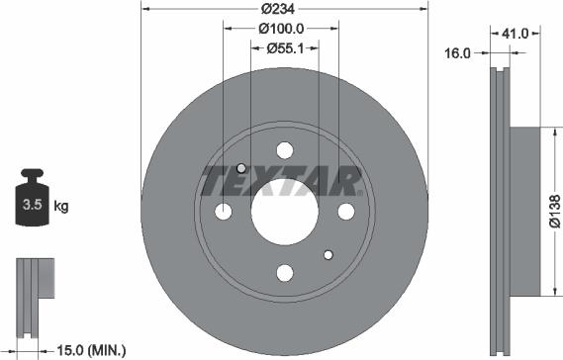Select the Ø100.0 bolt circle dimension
285,30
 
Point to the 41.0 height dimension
513,34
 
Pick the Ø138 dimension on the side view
555,212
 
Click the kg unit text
60,207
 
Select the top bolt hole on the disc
284,150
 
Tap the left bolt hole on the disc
224,212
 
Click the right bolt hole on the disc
345,211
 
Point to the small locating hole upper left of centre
241,169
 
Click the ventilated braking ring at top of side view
498,99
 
